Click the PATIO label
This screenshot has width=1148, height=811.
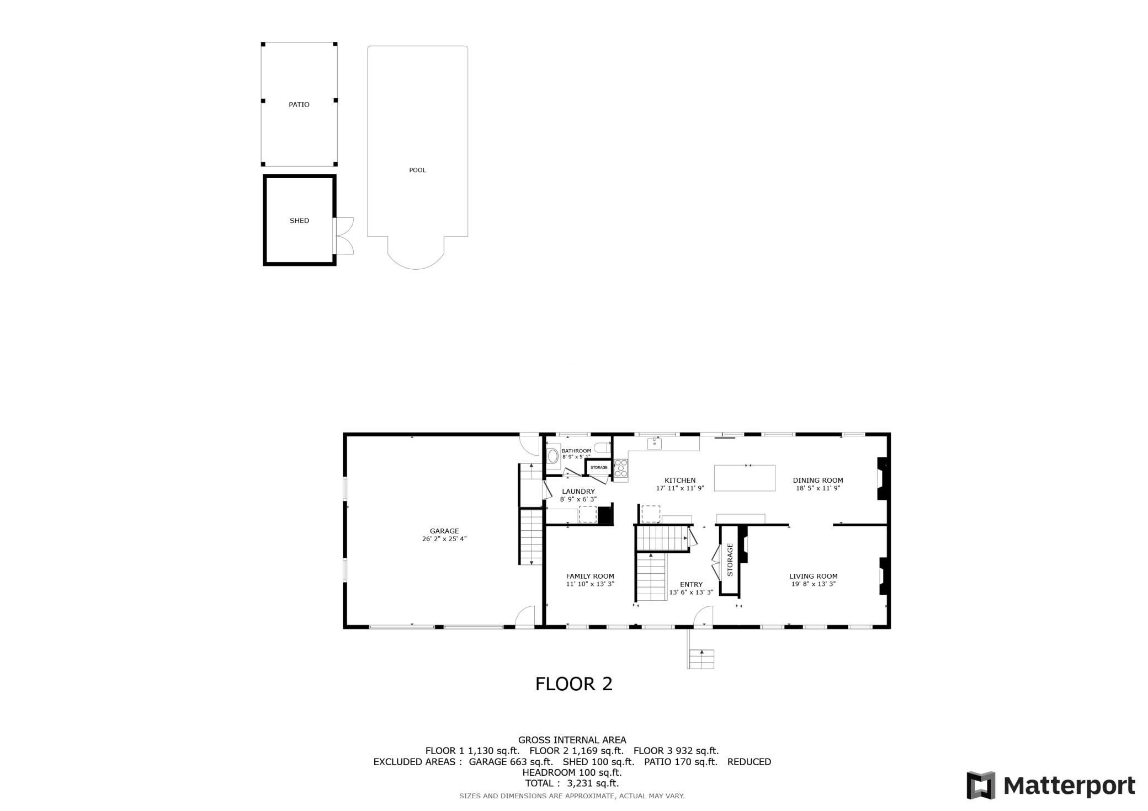(x=299, y=104)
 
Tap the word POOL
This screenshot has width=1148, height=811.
(x=417, y=170)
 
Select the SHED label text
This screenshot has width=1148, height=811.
(x=299, y=221)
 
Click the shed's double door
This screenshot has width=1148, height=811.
(x=343, y=236)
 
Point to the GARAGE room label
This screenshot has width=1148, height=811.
(x=444, y=531)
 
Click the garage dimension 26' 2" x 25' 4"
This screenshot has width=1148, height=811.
(x=444, y=539)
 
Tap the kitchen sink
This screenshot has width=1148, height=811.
(x=654, y=443)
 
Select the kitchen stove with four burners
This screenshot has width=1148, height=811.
(x=621, y=468)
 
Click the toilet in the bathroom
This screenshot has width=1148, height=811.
(x=603, y=447)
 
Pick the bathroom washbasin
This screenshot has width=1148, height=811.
(x=552, y=456)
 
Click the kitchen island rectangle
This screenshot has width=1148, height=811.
(x=745, y=478)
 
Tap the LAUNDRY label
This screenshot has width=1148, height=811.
(x=578, y=492)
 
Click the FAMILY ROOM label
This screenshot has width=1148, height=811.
(x=590, y=576)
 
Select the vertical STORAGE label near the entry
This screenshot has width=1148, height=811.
(x=730, y=560)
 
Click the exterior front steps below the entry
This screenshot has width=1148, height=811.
(x=701, y=659)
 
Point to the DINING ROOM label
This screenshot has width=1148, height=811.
(x=818, y=480)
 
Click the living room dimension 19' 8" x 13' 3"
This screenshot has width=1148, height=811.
(x=814, y=584)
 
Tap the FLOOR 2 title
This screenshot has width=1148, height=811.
(x=574, y=684)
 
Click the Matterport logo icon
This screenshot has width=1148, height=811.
(x=981, y=785)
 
